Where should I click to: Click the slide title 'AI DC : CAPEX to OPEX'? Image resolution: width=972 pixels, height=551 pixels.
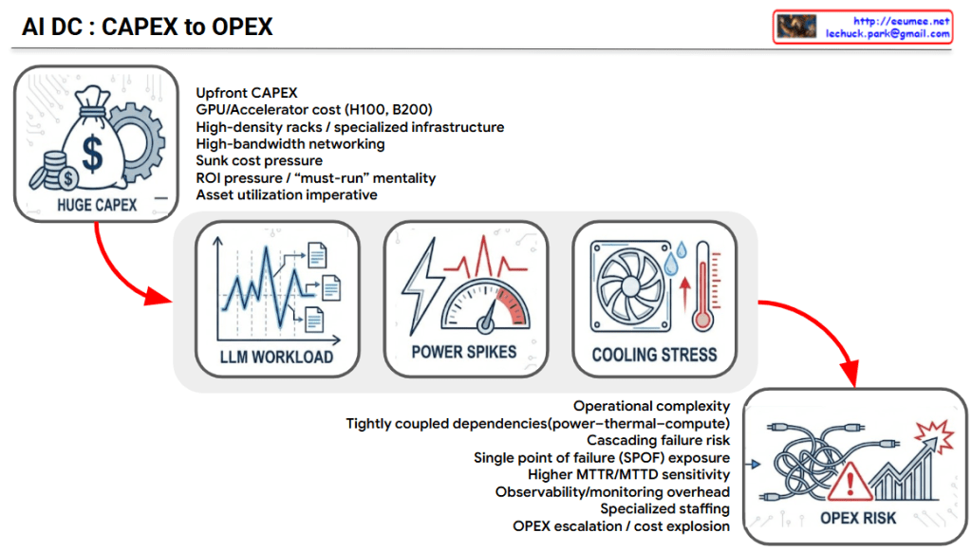147,27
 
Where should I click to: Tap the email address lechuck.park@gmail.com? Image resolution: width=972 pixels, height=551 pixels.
888,34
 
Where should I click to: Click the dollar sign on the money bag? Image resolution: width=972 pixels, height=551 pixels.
92,154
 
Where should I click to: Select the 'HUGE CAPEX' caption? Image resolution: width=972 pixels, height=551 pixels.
97,205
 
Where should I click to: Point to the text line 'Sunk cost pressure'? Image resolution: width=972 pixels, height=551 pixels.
259,161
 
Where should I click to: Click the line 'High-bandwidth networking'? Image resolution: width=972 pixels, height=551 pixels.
290,143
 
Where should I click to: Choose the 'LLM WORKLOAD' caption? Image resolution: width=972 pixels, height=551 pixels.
276,358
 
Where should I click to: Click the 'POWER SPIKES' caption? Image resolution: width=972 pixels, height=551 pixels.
463,352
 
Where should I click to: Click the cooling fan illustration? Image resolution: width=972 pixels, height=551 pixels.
630,286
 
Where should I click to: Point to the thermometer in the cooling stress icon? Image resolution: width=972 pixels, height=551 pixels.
702,285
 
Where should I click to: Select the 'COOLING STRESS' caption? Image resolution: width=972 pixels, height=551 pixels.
654,355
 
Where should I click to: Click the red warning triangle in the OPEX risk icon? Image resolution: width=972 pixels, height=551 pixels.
850,481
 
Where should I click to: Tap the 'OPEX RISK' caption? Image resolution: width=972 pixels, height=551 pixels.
858,518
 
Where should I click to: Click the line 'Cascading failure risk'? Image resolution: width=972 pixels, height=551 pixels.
658,440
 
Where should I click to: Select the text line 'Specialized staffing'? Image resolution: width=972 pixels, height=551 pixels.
664,509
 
